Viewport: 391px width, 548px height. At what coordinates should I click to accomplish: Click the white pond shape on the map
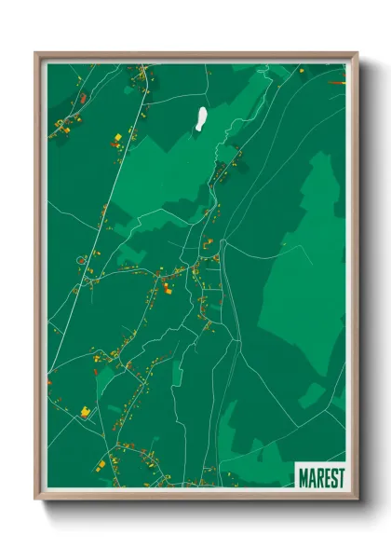tap(200, 118)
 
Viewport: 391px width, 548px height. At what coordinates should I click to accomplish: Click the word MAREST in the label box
tap(321, 477)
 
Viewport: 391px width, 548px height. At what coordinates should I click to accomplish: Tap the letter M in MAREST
tap(303, 477)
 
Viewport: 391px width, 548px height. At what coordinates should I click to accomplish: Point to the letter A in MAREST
tap(312, 477)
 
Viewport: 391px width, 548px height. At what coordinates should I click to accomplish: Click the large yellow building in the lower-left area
tap(85, 410)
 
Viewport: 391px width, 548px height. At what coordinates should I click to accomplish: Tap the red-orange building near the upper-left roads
tap(83, 97)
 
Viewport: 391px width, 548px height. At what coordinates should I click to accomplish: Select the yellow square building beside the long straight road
tap(117, 139)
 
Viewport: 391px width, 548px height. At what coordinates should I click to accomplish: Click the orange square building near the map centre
tap(168, 288)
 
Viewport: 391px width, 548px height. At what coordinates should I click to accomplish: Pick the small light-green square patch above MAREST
tap(314, 395)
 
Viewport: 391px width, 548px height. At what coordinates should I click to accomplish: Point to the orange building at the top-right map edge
tap(341, 83)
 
